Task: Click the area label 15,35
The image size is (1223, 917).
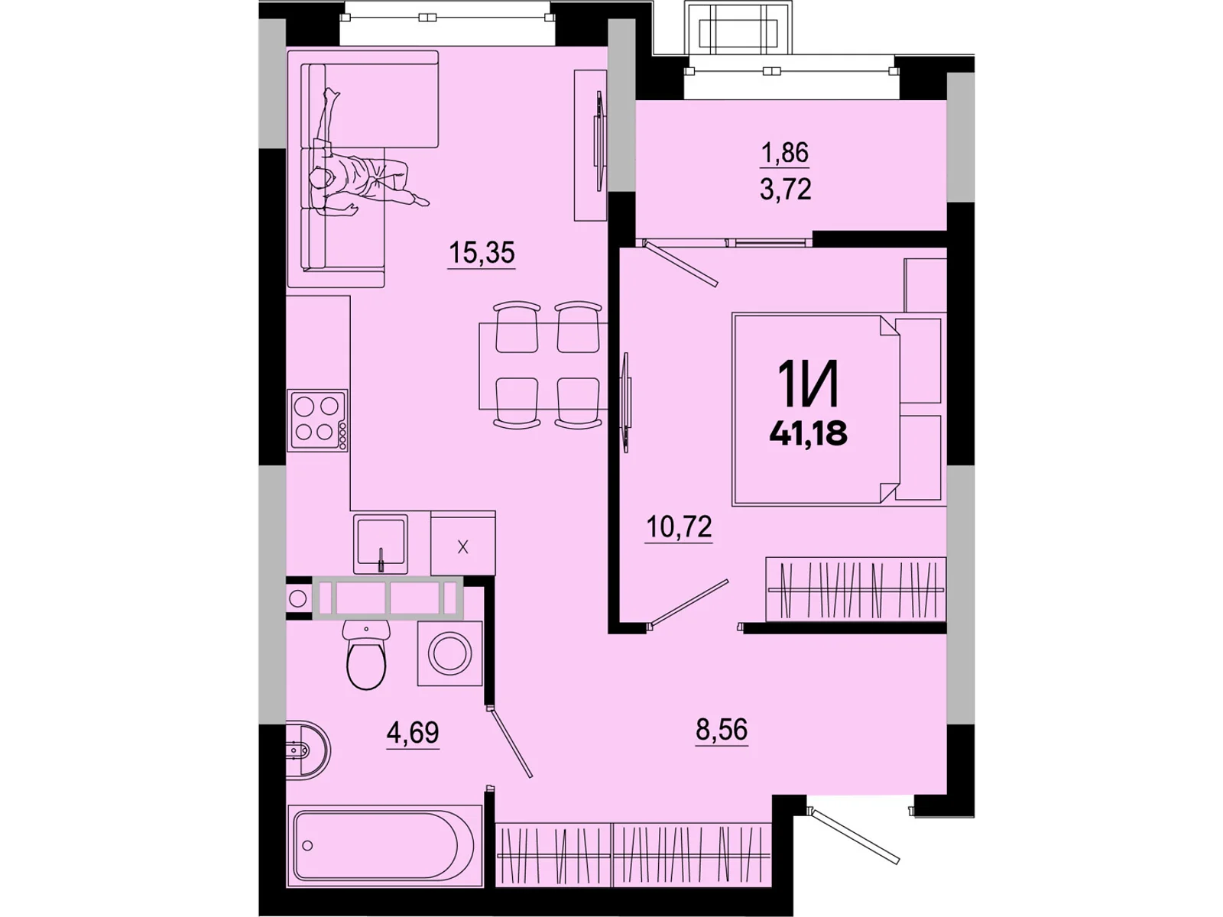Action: tap(482, 251)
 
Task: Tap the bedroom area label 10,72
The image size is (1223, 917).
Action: tap(679, 527)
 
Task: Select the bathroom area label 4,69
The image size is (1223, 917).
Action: tap(413, 732)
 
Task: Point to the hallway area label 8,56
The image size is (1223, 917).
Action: tap(722, 729)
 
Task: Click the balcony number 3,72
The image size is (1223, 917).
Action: tap(785, 189)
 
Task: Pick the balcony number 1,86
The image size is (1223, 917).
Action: tap(785, 153)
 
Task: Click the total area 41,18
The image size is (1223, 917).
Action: tap(808, 433)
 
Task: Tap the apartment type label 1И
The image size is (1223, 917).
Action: tap(808, 384)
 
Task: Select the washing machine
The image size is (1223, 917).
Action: tap(450, 653)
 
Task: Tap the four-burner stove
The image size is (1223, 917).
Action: tap(317, 420)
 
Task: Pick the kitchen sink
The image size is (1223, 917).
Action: tap(380, 544)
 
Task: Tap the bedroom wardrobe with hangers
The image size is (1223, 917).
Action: tap(855, 589)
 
